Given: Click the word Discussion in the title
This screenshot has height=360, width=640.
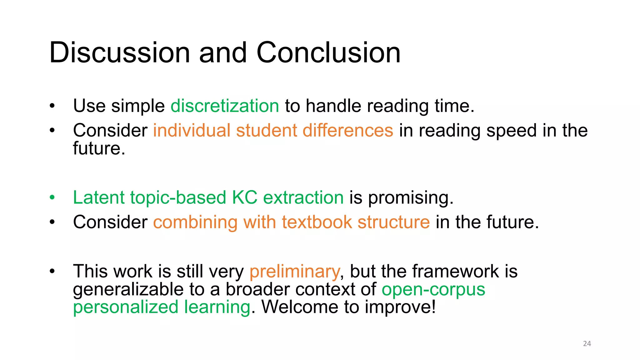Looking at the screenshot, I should [119, 52].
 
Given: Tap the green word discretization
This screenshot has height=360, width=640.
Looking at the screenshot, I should [225, 106].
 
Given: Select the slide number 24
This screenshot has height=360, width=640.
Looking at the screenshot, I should [587, 344].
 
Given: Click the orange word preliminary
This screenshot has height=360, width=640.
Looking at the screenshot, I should [294, 271].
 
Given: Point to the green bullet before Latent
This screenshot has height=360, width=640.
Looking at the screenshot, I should [52, 198].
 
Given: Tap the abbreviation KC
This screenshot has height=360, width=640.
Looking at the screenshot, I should [244, 197].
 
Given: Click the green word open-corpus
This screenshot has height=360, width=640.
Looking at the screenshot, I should [433, 289].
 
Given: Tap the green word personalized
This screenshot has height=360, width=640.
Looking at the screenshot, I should [126, 307].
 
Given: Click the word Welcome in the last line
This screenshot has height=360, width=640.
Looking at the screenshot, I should [300, 307].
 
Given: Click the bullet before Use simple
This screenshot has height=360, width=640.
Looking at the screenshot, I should [52, 106].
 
